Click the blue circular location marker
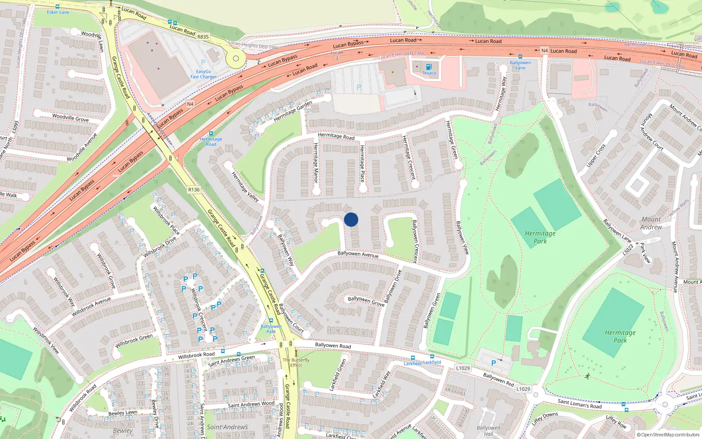(x=351, y=219)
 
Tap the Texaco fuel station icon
(x=429, y=67)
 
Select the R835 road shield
(x=203, y=37)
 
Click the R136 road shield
(x=193, y=190)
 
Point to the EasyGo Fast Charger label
(x=203, y=74)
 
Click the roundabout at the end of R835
(x=236, y=58)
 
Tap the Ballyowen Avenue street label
(x=358, y=254)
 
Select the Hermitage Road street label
(x=336, y=137)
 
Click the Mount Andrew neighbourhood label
(x=651, y=223)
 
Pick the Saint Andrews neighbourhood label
(x=227, y=427)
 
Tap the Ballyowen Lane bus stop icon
(x=520, y=57)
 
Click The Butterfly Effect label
(x=296, y=362)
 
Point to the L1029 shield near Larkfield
(x=462, y=368)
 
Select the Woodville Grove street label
(x=70, y=118)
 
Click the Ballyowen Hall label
(x=488, y=430)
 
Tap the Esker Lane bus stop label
(x=58, y=12)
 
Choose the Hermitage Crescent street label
(x=409, y=157)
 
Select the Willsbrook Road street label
(x=196, y=355)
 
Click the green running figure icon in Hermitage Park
(x=587, y=376)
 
